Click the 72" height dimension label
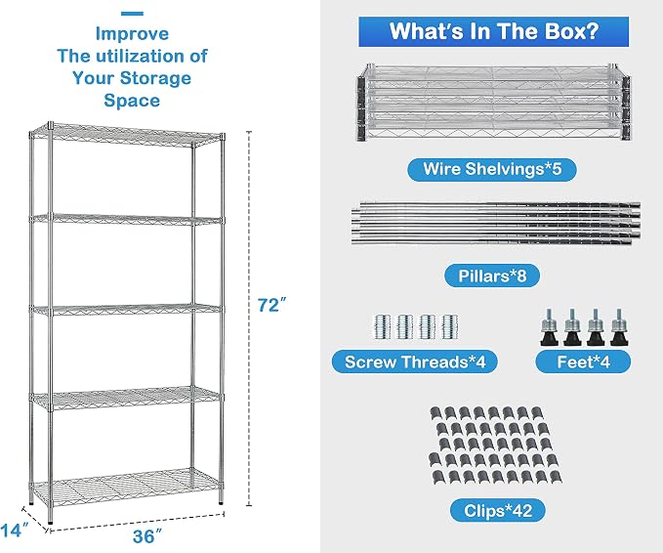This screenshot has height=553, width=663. [271, 305]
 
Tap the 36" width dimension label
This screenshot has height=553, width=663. [147, 536]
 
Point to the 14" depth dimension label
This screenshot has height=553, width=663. [15, 531]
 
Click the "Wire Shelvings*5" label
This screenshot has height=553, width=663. [492, 169]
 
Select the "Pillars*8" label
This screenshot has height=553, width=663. [492, 276]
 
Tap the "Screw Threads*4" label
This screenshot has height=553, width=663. [415, 362]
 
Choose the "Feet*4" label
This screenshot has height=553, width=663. [583, 362]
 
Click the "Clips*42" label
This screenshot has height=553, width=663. [498, 511]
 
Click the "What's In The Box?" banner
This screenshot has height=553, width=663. [493, 31]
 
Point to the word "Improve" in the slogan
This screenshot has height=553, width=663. [132, 34]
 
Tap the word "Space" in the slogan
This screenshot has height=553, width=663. [132, 101]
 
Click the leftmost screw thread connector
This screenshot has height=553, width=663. [382, 326]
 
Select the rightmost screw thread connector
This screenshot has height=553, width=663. [449, 326]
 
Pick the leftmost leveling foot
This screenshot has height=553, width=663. [549, 327]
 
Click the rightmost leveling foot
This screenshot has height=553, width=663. [619, 327]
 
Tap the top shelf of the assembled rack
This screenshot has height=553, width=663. [127, 135]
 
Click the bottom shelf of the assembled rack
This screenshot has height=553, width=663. [126, 487]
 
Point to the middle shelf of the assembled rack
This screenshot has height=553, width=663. [126, 310]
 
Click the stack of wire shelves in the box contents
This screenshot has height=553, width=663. [493, 103]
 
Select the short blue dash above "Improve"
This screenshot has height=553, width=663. [132, 14]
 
